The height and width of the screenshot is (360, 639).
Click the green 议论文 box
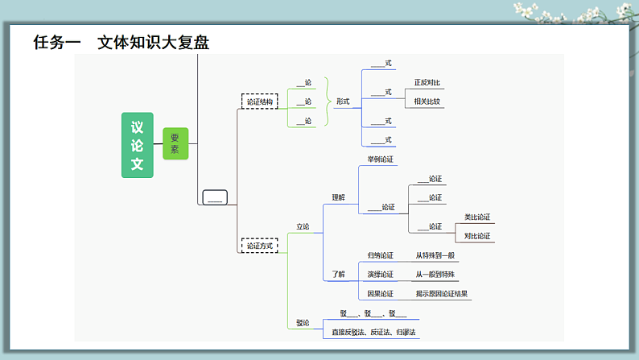[137, 145]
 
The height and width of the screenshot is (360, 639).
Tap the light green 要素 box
[175, 143]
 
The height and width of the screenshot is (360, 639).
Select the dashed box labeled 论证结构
[260, 102]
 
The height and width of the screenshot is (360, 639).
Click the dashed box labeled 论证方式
[260, 245]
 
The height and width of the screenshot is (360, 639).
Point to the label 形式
[343, 101]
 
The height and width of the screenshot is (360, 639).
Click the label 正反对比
[427, 83]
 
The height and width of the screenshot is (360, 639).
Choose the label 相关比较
[427, 101]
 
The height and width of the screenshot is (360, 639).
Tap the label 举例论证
[381, 159]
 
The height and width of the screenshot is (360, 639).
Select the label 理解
[338, 197]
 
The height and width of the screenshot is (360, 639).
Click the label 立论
[303, 226]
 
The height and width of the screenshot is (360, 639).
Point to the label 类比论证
[477, 217]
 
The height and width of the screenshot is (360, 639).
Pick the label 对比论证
[477, 236]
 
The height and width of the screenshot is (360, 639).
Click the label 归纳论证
[381, 255]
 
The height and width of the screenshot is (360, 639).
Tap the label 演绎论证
[381, 275]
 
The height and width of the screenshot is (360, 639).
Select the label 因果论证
[381, 294]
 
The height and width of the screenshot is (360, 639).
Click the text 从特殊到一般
[435, 255]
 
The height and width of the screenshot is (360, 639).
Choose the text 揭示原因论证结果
[441, 294]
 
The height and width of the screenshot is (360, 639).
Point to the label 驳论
[303, 323]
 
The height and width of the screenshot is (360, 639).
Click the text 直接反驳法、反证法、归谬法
[374, 332]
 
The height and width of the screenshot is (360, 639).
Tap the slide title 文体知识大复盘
[153, 43]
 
